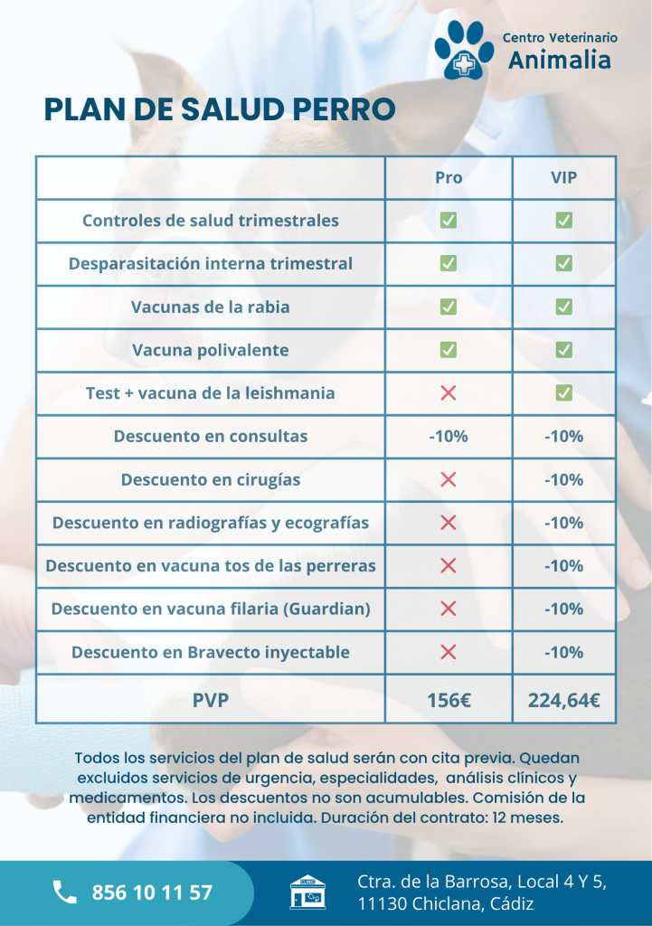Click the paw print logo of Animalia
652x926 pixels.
[x=463, y=50]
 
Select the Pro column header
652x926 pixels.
[x=449, y=177]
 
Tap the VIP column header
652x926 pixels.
[x=564, y=177]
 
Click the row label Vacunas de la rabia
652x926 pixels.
[x=211, y=307]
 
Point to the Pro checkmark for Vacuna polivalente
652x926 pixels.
[x=448, y=349]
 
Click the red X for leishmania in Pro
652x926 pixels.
[x=448, y=392]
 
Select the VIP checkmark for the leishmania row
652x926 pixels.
[x=564, y=392]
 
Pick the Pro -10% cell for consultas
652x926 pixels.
[x=449, y=436]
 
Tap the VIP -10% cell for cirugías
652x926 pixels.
[x=564, y=479]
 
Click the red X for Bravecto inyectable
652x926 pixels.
[x=448, y=652]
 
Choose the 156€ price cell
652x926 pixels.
[x=449, y=699]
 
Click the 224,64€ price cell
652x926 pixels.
[x=564, y=699]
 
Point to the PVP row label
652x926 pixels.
[x=211, y=699]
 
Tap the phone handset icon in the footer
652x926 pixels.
[x=64, y=893]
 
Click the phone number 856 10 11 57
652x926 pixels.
[x=152, y=893]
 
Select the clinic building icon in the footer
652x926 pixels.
[x=307, y=892]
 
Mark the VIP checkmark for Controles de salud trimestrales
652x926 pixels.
[x=564, y=220]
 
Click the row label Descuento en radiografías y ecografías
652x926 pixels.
[x=211, y=523]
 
